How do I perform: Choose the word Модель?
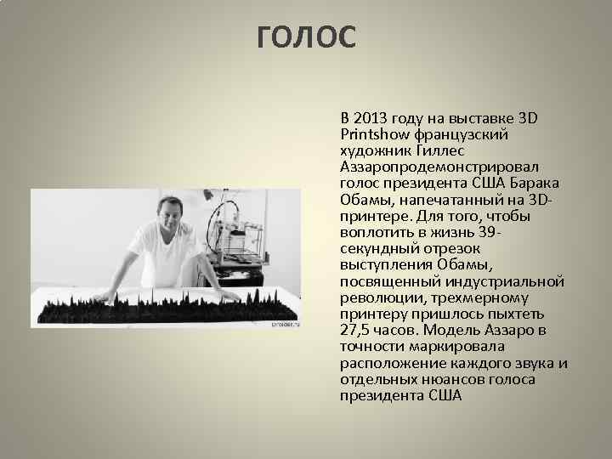tap(455, 330)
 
